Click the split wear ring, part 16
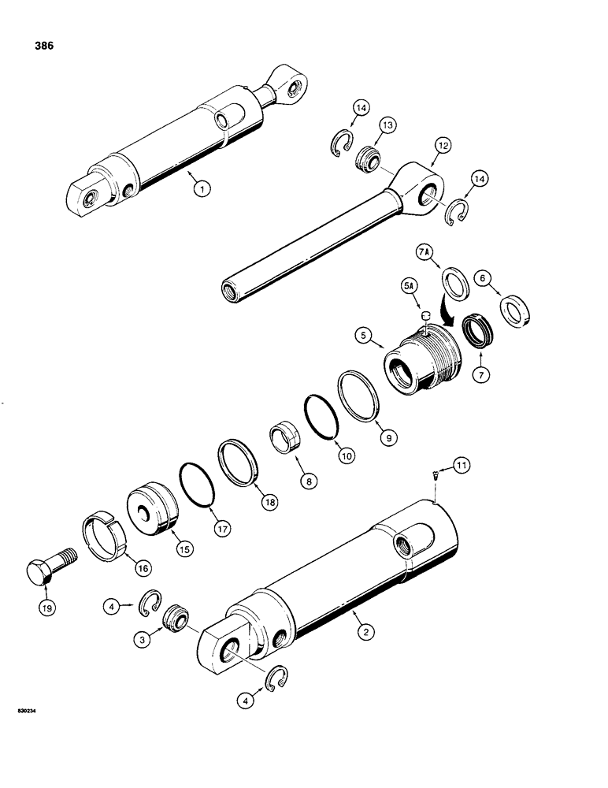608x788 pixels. click(106, 535)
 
